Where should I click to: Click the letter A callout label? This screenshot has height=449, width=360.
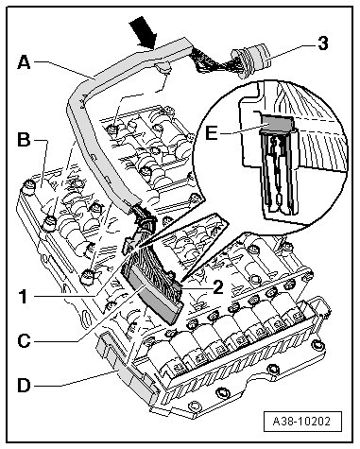(x=25, y=62)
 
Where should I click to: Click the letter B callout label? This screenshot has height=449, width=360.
(x=24, y=139)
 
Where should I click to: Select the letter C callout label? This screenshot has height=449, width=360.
(x=25, y=341)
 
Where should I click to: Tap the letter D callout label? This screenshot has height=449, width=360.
(x=25, y=385)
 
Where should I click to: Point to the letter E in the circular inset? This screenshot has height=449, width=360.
(x=211, y=133)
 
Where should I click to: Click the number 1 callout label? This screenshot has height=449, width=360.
(x=23, y=297)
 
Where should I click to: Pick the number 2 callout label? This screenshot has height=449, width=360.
(x=217, y=287)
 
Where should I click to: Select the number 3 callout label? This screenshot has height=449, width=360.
(x=323, y=43)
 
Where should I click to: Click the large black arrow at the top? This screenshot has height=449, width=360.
(x=145, y=32)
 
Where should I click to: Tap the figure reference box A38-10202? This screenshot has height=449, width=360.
(x=302, y=421)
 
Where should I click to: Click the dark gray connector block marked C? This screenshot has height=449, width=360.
(x=157, y=297)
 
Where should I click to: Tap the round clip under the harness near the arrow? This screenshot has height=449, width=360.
(x=163, y=67)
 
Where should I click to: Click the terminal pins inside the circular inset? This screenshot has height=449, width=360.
(x=278, y=170)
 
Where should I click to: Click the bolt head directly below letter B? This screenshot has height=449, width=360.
(x=29, y=187)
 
